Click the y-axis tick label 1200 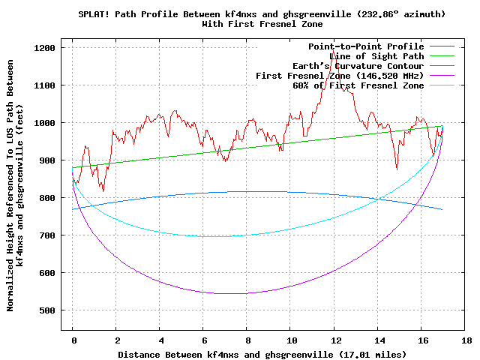tap(46, 48)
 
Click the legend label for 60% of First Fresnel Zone tap(358, 85)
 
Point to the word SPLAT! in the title tap(96, 14)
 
